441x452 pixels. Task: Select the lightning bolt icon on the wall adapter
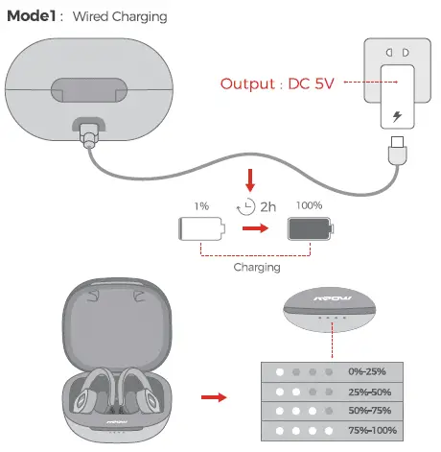pos(397,117)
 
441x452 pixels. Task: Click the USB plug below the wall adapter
pos(396,153)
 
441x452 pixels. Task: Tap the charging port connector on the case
pos(89,132)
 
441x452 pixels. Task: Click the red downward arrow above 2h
pos(250,178)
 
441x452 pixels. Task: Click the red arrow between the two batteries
pos(254,230)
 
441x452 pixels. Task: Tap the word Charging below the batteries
pos(256,268)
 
